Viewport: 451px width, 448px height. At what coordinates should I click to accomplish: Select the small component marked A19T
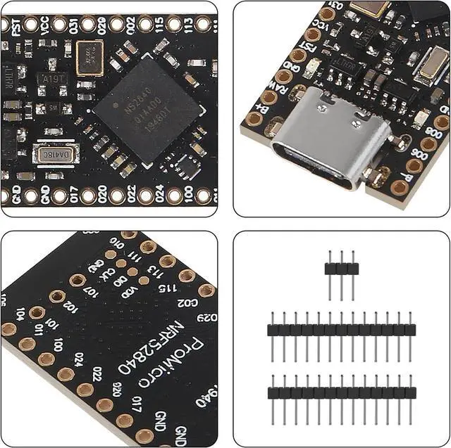(x=53, y=79)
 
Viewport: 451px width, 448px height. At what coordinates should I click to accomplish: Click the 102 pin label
(x=70, y=307)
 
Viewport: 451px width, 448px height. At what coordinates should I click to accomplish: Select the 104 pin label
(x=20, y=314)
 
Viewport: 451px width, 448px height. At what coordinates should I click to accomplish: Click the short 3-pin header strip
(x=341, y=268)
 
